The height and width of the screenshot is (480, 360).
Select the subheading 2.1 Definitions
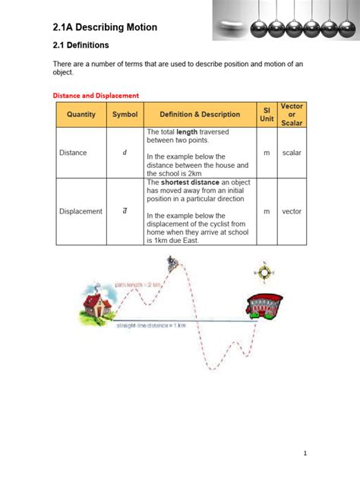coord(81,46)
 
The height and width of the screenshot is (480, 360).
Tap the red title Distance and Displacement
coord(96,96)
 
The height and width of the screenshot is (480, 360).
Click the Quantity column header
coord(81,115)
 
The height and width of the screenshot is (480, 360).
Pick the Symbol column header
coord(125,115)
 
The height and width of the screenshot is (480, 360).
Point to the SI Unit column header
coord(266,115)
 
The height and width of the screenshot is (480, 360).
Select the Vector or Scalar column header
coord(292,115)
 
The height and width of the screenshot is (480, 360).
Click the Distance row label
coord(73,153)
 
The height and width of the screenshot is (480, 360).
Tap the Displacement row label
coord(81,211)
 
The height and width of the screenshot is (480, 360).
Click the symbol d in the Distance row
coord(125,153)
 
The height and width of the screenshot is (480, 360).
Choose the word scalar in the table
coord(292,153)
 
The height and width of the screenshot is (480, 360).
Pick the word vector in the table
coord(292,211)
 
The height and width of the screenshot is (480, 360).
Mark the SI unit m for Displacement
coord(266,211)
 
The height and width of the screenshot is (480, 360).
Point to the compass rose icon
coord(264,272)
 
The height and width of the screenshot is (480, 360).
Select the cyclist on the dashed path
coord(174,264)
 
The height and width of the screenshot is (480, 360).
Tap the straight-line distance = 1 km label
coord(151,325)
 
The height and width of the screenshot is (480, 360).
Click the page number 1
coord(305,453)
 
